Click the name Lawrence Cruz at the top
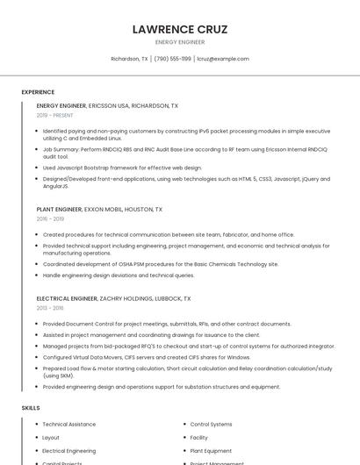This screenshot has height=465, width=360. (179, 29)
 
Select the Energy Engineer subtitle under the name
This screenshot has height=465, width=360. (179, 42)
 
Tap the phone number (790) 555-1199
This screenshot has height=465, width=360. (172, 59)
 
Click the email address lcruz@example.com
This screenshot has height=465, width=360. (223, 59)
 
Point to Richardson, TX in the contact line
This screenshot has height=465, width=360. (129, 59)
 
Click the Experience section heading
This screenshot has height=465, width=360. (38, 91)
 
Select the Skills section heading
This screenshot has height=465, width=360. (31, 408)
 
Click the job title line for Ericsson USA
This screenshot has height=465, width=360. (107, 105)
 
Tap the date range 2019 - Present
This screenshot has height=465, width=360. (54, 115)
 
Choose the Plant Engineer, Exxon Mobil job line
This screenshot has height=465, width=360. (99, 210)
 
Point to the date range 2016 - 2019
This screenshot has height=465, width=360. (50, 219)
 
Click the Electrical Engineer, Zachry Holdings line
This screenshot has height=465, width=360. (113, 298)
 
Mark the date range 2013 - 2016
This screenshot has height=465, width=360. (50, 308)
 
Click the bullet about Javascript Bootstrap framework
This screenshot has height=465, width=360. (122, 168)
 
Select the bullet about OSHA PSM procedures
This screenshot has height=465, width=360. (161, 264)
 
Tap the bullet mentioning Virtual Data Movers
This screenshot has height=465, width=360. (147, 357)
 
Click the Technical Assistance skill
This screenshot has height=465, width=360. (69, 424)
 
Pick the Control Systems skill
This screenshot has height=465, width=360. (211, 424)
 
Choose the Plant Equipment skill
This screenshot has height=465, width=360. (211, 450)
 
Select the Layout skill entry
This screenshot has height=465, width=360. (51, 437)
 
